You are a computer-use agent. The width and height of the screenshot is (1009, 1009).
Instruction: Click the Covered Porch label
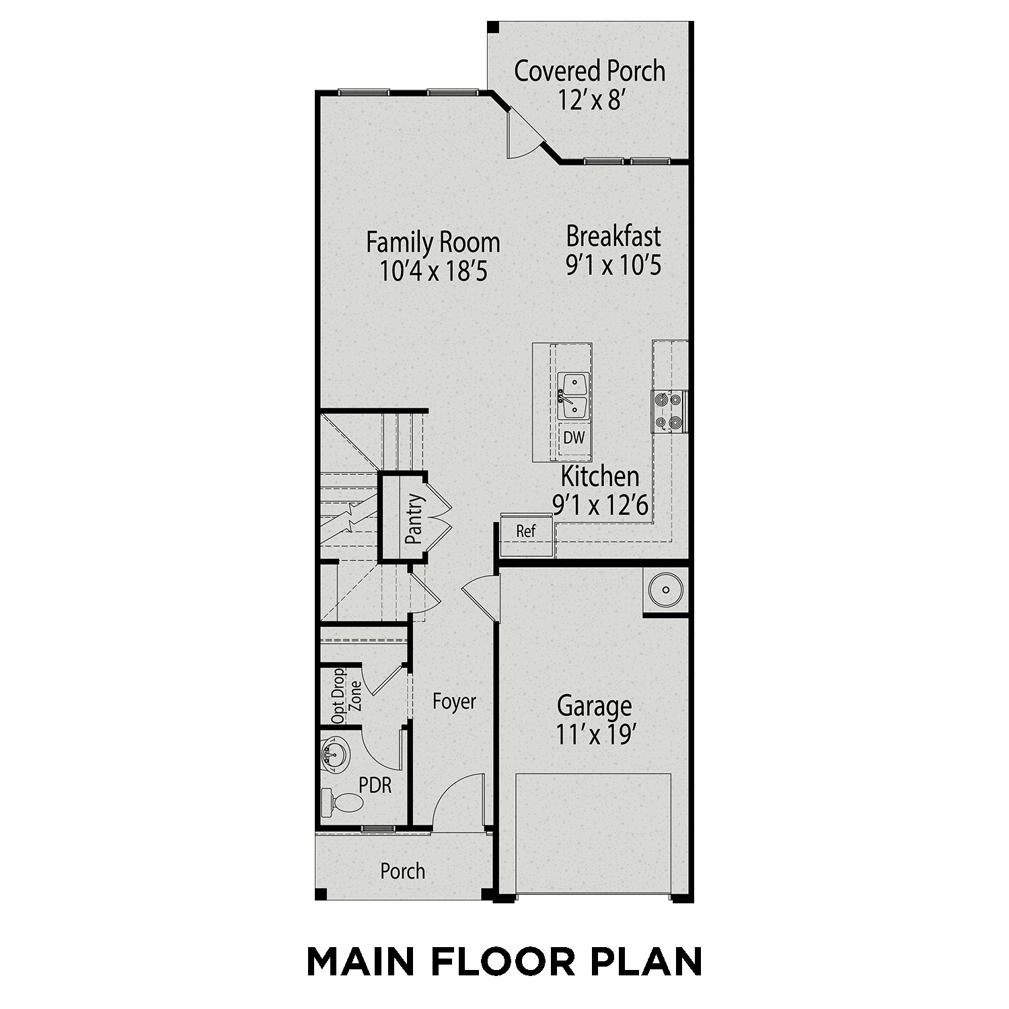tap(589, 71)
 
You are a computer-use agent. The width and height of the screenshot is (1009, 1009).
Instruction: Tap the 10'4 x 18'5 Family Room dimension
tap(433, 272)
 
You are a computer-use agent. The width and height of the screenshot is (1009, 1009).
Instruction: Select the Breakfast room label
tap(613, 237)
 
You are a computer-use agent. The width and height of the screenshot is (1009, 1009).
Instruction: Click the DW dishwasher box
tap(574, 438)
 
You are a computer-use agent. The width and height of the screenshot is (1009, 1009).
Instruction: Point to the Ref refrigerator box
tap(526, 531)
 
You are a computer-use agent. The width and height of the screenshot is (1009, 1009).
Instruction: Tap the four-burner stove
tap(669, 411)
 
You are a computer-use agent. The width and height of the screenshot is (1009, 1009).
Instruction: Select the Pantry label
tap(414, 519)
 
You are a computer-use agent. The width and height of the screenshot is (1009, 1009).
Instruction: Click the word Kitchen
tap(599, 476)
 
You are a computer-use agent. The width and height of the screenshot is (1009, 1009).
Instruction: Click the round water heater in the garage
tap(665, 590)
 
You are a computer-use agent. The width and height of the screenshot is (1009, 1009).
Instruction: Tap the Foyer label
tap(454, 702)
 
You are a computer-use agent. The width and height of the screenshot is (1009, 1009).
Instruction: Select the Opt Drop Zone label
tap(347, 696)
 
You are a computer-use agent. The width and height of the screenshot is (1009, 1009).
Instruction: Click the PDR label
tap(375, 785)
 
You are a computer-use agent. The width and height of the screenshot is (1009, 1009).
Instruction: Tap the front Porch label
tap(402, 871)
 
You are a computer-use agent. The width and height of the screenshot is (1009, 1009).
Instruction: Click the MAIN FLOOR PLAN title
tap(504, 961)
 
